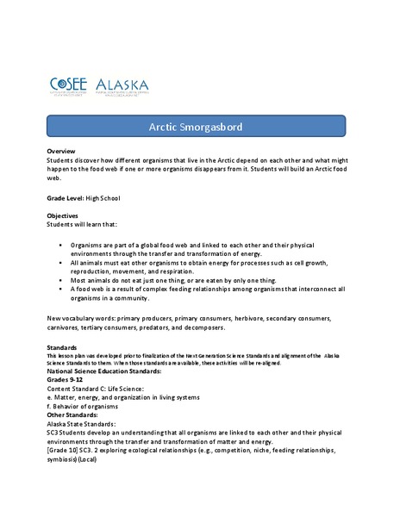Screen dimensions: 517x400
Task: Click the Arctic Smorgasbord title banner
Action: click(199, 128)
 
